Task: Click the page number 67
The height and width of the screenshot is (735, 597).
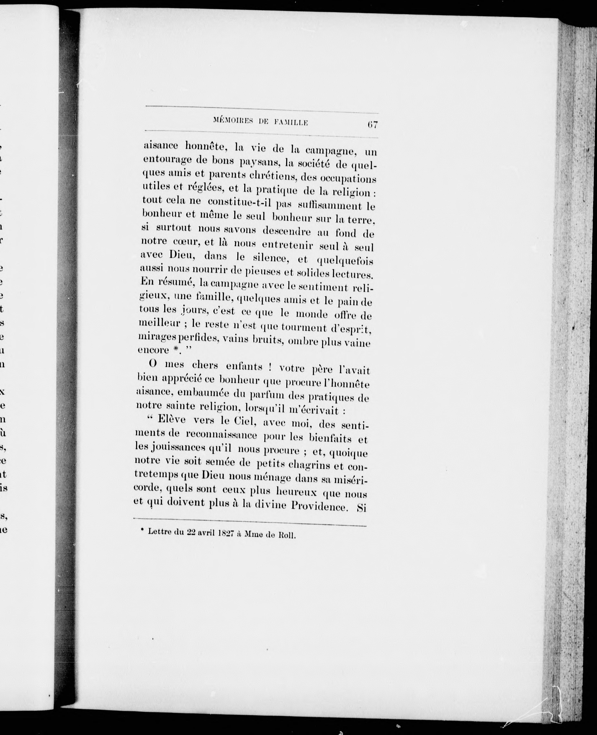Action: pyautogui.click(x=373, y=124)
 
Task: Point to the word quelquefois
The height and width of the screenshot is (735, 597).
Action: pyautogui.click(x=345, y=261)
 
